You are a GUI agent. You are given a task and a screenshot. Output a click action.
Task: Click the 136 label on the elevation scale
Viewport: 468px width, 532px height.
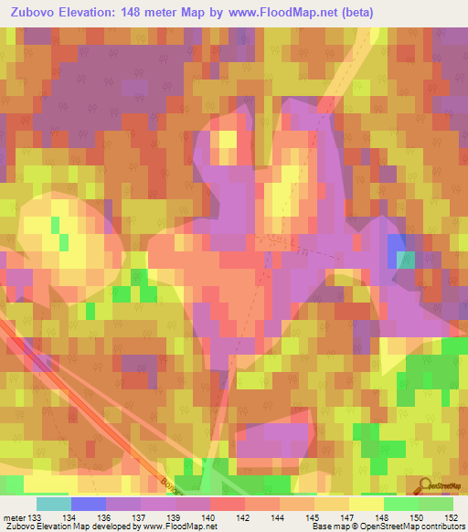[90, 517]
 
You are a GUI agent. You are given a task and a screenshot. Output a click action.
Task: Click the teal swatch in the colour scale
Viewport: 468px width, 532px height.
[54, 504]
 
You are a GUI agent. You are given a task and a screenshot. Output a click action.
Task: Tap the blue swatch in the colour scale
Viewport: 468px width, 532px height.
[89, 504]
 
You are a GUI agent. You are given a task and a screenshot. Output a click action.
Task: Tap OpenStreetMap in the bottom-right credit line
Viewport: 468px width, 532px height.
[398, 527]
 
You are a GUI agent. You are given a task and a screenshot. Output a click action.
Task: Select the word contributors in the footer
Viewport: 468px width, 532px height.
[446, 527]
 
